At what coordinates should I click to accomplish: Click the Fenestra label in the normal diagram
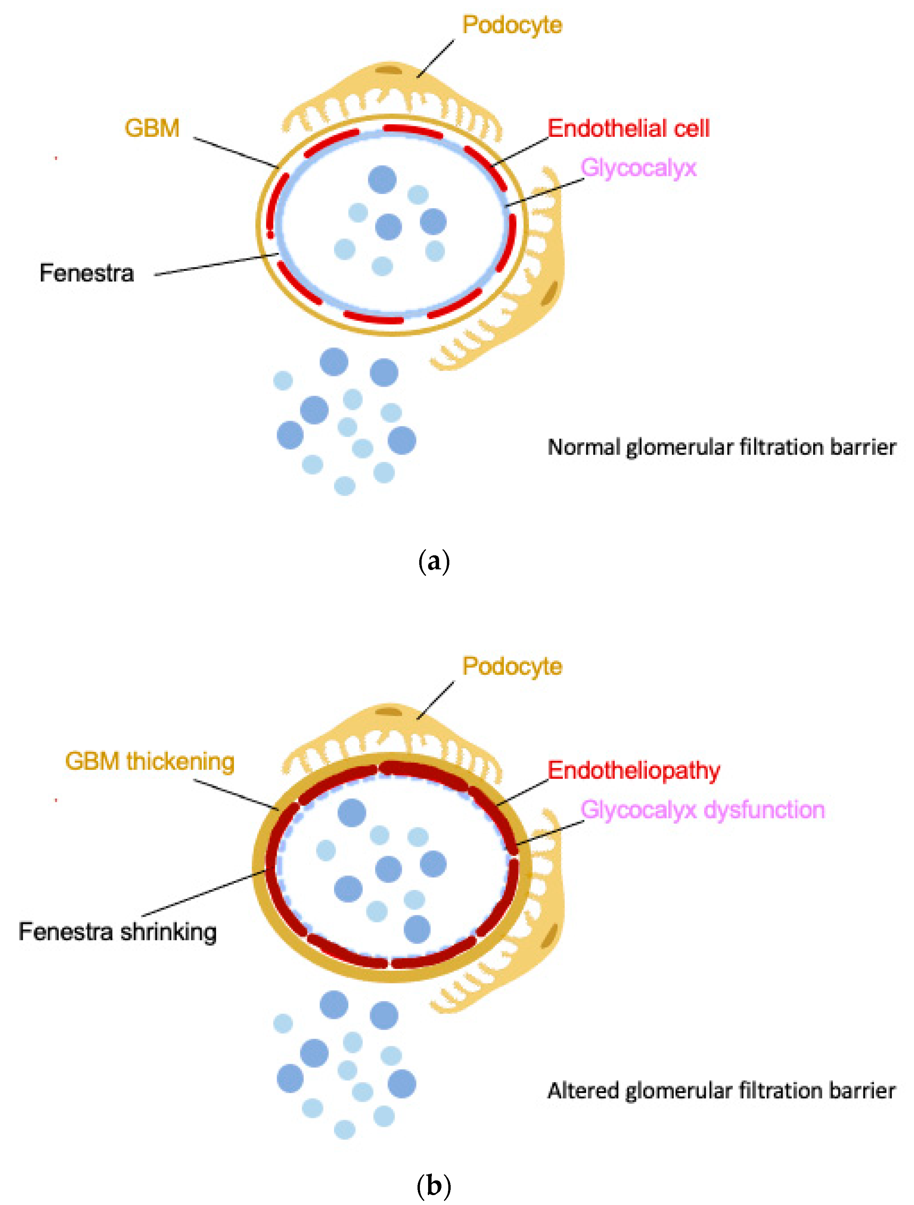[x=87, y=273]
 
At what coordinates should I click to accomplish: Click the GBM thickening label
[x=150, y=762]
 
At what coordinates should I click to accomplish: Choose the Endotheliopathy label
[x=634, y=771]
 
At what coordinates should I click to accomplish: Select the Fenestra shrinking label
[x=118, y=931]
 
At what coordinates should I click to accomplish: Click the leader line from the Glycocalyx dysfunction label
[x=550, y=832]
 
